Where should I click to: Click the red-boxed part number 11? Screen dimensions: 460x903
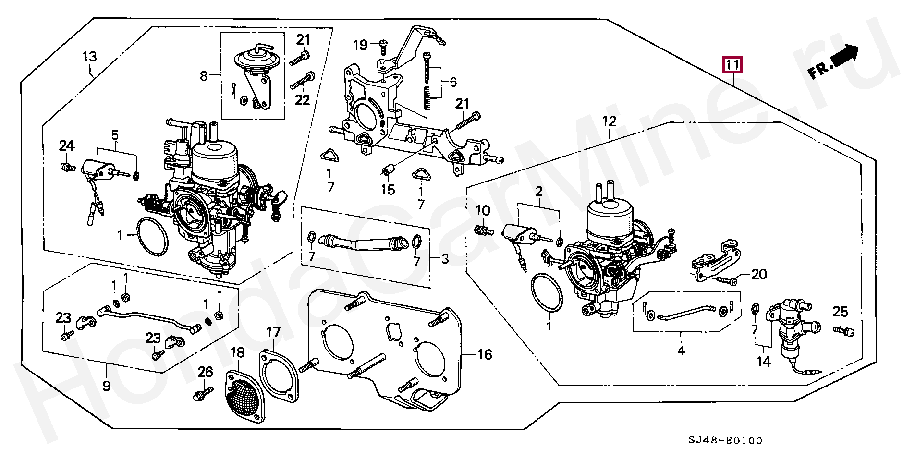[x=733, y=65]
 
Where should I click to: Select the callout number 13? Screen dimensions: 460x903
[x=89, y=57]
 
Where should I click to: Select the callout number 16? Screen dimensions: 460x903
[x=485, y=355]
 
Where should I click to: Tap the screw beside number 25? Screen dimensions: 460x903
[x=843, y=330]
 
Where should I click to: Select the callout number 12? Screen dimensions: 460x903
[x=609, y=121]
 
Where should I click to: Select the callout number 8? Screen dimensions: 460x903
[x=204, y=76]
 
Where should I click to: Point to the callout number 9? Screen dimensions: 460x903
[x=106, y=385]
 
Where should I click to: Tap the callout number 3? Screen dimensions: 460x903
[x=445, y=260]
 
